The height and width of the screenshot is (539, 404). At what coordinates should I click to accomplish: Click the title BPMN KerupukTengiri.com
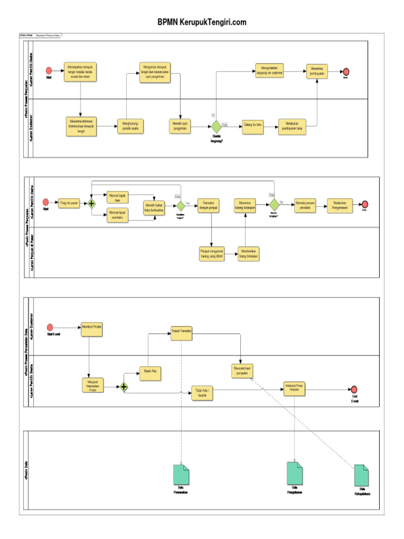coord(202,22)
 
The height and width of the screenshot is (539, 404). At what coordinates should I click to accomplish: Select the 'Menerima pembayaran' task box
coord(317,71)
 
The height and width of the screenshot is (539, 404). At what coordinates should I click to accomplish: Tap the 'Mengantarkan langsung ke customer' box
coord(269,71)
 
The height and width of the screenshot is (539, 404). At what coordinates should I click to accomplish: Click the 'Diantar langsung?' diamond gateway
coord(216,126)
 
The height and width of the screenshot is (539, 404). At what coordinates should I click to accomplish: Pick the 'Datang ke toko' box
coord(252,126)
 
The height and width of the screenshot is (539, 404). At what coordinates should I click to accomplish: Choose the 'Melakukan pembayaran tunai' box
coord(292,126)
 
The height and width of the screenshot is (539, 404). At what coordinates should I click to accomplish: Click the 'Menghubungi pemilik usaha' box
coord(130,126)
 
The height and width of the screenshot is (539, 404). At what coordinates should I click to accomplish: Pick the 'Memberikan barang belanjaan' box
coord(250,253)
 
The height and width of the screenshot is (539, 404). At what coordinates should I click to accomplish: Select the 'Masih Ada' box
coord(149,373)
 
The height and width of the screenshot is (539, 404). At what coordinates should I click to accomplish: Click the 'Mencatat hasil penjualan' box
coord(242,371)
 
